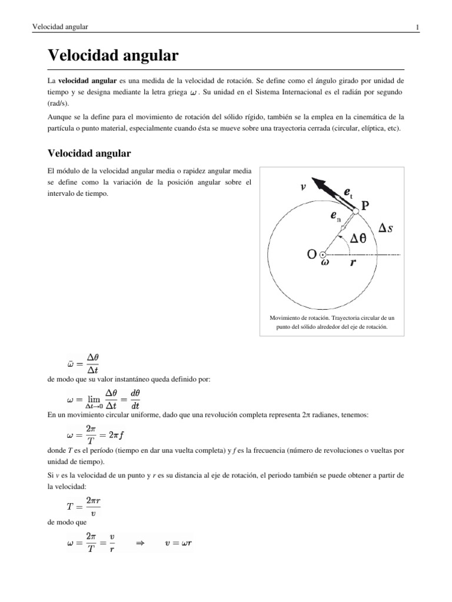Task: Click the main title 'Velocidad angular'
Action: tap(112, 56)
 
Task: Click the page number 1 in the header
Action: tap(417, 27)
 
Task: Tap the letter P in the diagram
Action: tap(365, 206)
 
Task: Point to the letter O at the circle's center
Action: tap(311, 255)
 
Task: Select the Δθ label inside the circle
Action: tap(362, 238)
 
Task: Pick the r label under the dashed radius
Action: tap(353, 264)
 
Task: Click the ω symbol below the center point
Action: tap(325, 263)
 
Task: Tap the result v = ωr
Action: tap(178, 544)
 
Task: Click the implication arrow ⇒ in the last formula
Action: tap(140, 544)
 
